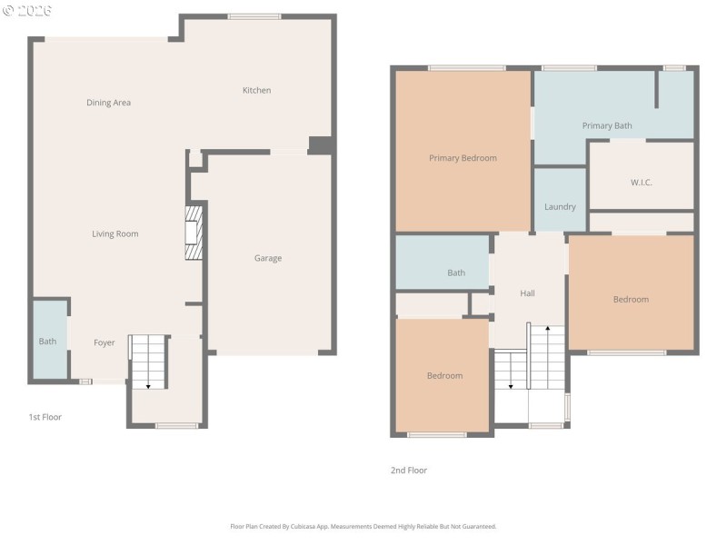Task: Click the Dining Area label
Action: (x=108, y=103)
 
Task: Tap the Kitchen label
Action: (x=256, y=90)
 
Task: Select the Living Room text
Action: (x=115, y=233)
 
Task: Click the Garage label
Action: (x=267, y=258)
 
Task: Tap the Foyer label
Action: (x=105, y=342)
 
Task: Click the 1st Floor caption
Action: (x=45, y=417)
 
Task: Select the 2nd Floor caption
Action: (x=409, y=471)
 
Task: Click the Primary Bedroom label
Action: (x=463, y=158)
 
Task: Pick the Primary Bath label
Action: (x=607, y=125)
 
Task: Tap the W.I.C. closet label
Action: (x=642, y=183)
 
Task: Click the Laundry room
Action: (x=560, y=206)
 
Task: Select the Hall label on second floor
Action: (x=527, y=293)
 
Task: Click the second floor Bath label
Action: (x=456, y=272)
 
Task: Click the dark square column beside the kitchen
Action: (x=320, y=145)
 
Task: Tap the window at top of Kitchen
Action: (x=254, y=16)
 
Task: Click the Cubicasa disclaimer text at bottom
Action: (x=363, y=526)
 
